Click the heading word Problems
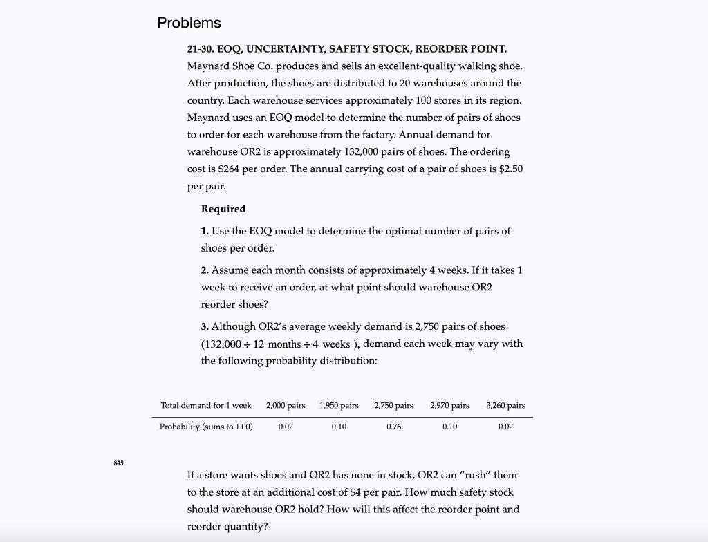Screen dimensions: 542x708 (x=189, y=23)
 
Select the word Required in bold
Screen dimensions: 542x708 (x=223, y=209)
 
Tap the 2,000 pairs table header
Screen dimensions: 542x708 (x=286, y=405)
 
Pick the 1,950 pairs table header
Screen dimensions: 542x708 (x=339, y=405)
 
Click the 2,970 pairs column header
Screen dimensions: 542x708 (x=449, y=405)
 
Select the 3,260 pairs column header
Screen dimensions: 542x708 (x=505, y=405)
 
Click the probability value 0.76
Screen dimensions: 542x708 (x=394, y=427)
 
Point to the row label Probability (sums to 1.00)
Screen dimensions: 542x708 (x=206, y=427)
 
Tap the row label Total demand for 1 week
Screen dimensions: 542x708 (x=206, y=405)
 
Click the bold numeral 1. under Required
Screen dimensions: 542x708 (x=205, y=231)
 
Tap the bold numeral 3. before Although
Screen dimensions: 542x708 (x=205, y=326)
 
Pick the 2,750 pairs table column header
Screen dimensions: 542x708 (x=394, y=405)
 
